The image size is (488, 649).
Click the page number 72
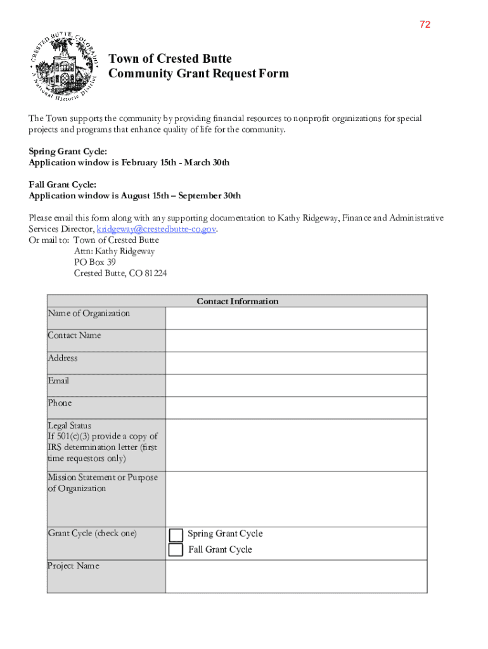tap(425, 25)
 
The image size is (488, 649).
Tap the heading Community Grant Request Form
tap(198, 74)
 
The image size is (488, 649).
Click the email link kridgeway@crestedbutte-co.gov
tap(157, 229)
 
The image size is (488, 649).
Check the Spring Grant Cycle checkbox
tap(176, 535)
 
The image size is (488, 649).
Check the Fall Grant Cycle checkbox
tap(176, 550)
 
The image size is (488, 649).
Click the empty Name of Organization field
tap(296, 318)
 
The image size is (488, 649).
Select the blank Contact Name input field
tap(296, 341)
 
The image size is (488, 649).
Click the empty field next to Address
tap(296, 363)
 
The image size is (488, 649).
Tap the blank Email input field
tap(296, 385)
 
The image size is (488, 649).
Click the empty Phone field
tap(296, 408)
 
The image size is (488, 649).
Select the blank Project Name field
tap(296, 576)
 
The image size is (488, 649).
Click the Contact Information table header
tap(237, 301)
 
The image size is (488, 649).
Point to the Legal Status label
tap(70, 426)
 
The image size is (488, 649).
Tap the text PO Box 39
tap(94, 262)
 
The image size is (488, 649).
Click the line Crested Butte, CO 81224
tap(120, 273)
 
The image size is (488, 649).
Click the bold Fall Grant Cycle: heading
tap(62, 184)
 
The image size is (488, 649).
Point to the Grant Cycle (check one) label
tap(92, 534)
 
